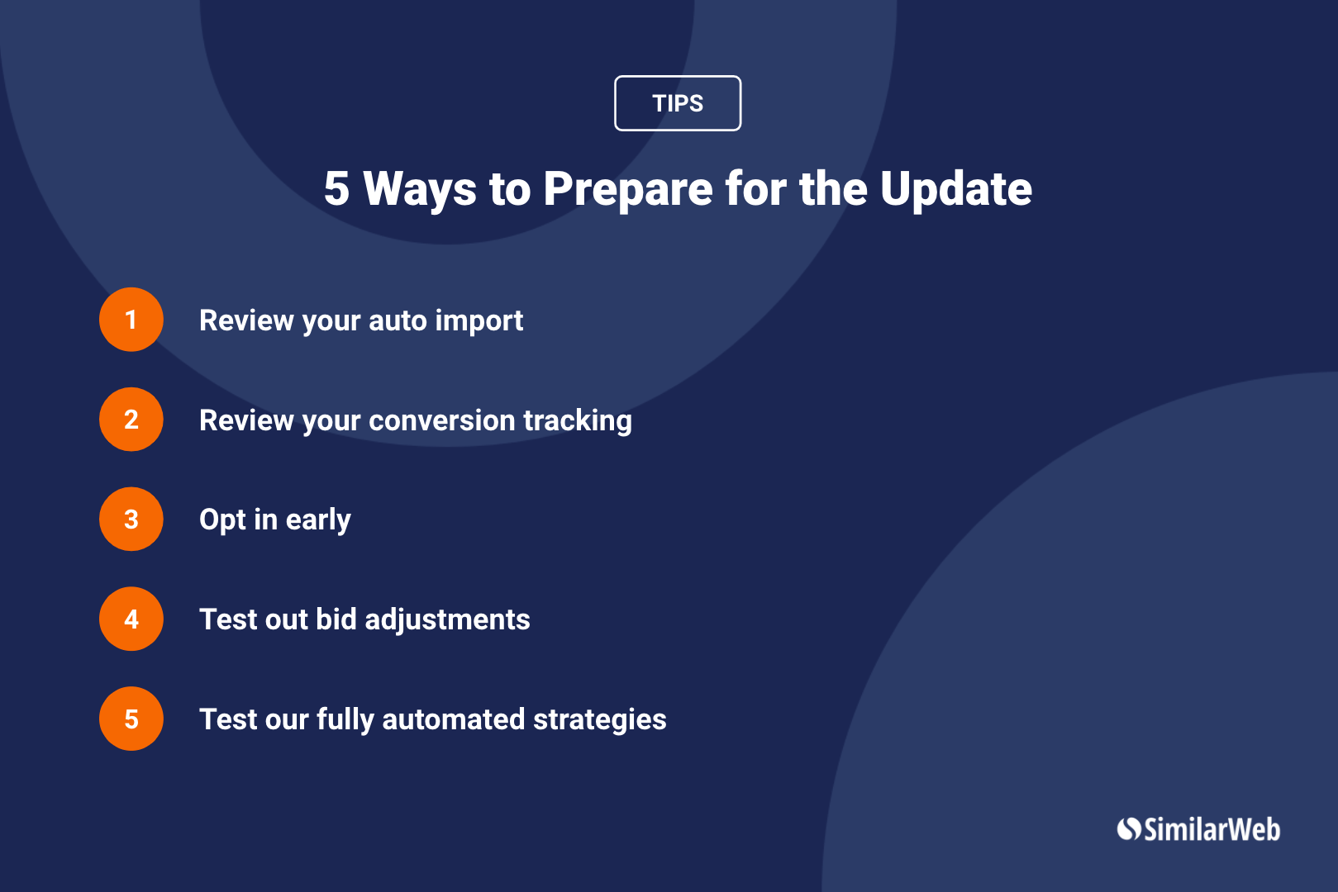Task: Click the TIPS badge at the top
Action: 678,103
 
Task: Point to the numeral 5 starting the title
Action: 336,188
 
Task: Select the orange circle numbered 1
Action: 131,320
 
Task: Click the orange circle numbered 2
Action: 131,419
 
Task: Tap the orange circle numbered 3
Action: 131,519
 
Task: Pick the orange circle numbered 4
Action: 131,619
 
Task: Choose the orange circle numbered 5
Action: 131,719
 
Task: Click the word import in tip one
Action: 479,322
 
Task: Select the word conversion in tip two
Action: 442,420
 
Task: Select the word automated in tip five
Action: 454,719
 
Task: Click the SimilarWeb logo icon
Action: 1129,829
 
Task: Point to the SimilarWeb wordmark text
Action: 1212,829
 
